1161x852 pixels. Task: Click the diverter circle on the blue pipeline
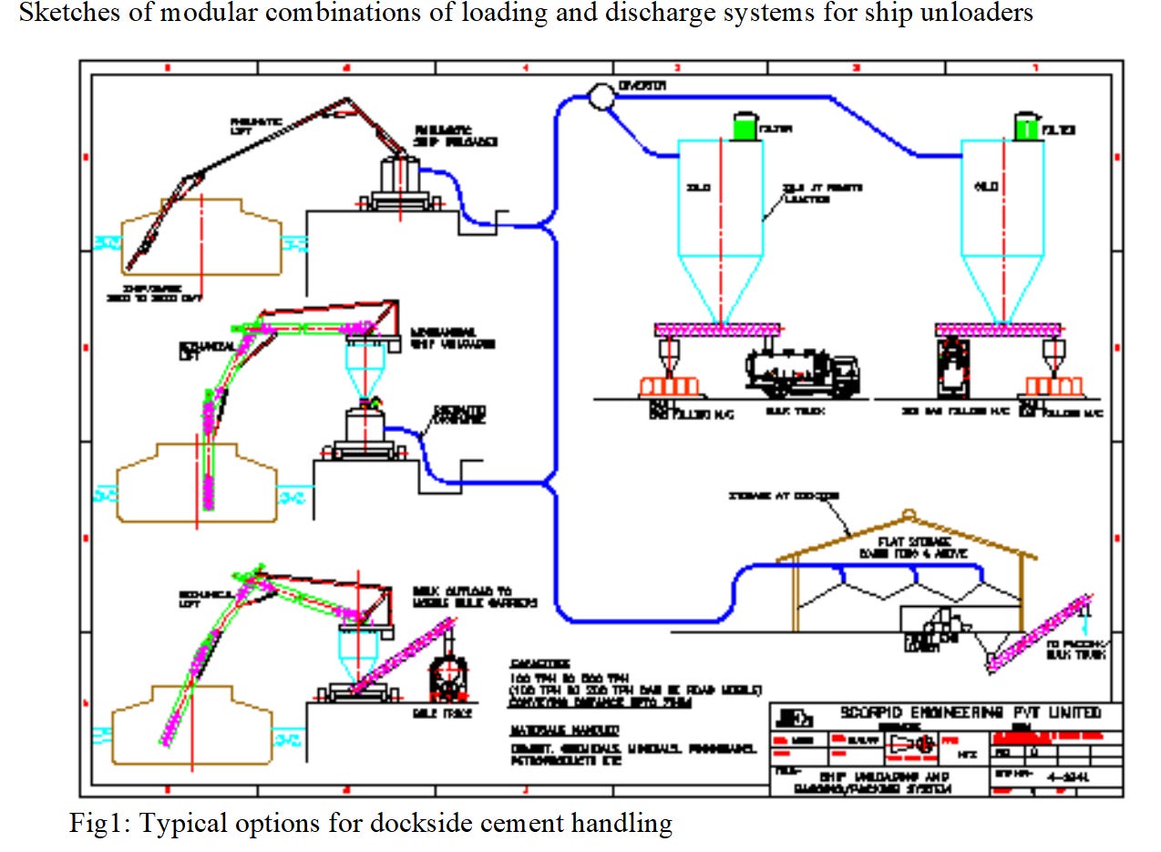(x=601, y=96)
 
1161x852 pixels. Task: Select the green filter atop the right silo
(x=1027, y=127)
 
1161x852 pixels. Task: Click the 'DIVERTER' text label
(x=642, y=86)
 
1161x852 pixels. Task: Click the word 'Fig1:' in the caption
(x=98, y=825)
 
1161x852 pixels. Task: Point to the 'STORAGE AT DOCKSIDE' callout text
(x=785, y=497)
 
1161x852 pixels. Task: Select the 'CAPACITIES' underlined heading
(x=540, y=664)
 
